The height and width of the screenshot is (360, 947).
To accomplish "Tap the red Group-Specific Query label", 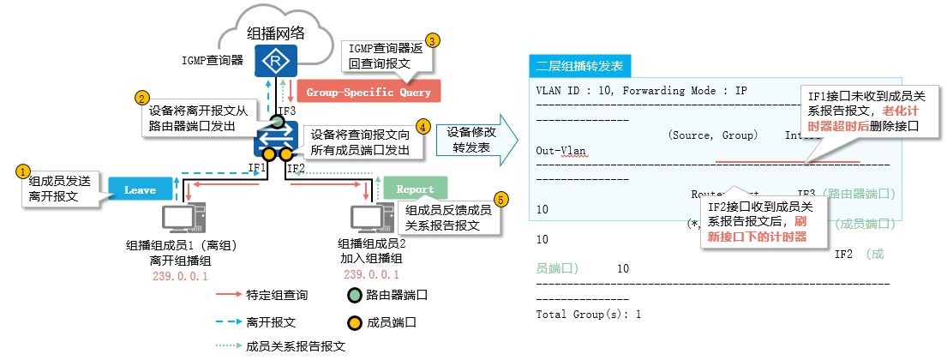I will click(369, 92).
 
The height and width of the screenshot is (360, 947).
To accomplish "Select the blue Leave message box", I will click(140, 189).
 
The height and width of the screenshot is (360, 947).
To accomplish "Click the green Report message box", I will click(415, 189).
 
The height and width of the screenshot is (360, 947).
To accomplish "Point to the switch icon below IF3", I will click(276, 136).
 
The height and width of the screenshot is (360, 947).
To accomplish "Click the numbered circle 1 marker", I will click(24, 171).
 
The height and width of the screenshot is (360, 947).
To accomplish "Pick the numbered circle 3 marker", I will click(433, 39).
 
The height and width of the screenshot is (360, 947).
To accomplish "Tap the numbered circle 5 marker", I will click(502, 198).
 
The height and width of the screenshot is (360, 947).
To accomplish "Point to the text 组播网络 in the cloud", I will click(276, 33).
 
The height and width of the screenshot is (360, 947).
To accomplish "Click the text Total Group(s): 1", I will click(588, 315).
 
